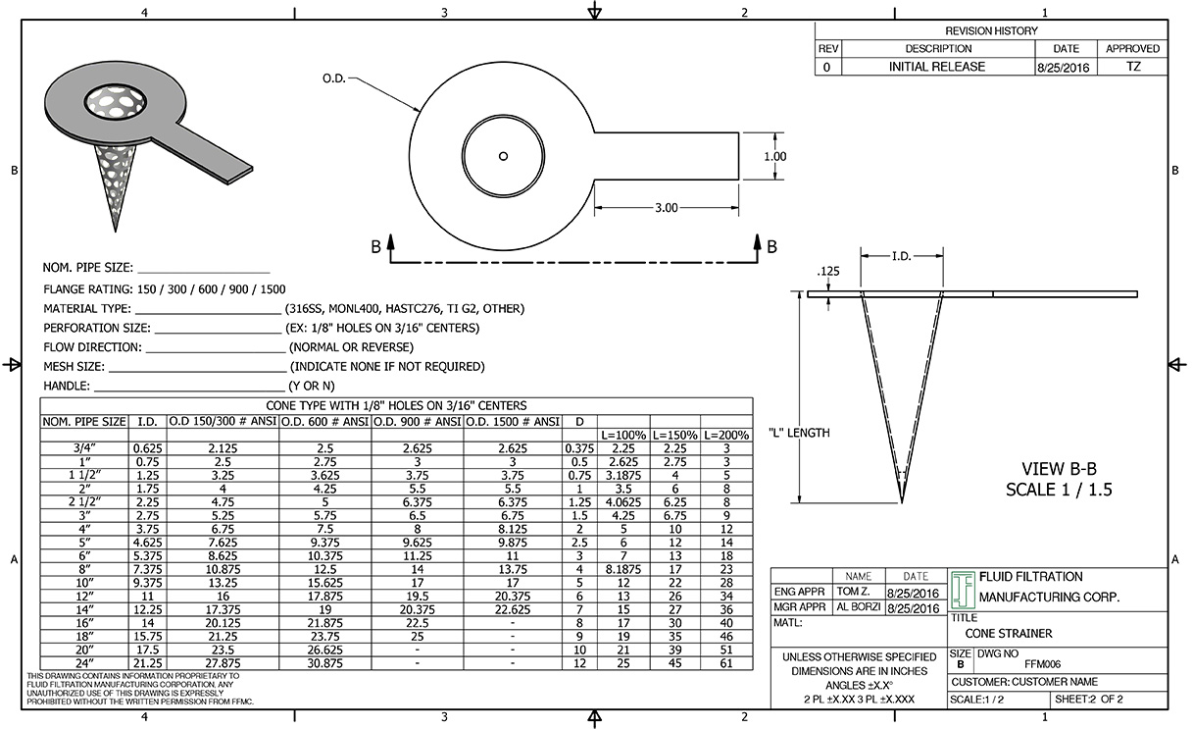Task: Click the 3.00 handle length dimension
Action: (x=666, y=208)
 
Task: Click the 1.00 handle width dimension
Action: (x=774, y=156)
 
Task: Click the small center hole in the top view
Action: (x=503, y=155)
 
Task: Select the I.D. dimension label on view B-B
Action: (x=902, y=256)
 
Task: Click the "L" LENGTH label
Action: (x=797, y=433)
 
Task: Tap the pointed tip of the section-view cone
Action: (x=902, y=500)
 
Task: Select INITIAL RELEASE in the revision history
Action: (x=936, y=67)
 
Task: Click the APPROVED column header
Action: (x=1132, y=48)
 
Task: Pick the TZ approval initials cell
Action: (x=1132, y=67)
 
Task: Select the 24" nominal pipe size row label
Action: (x=83, y=664)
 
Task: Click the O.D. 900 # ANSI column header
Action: (x=418, y=421)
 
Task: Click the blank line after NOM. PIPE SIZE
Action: (x=203, y=267)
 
